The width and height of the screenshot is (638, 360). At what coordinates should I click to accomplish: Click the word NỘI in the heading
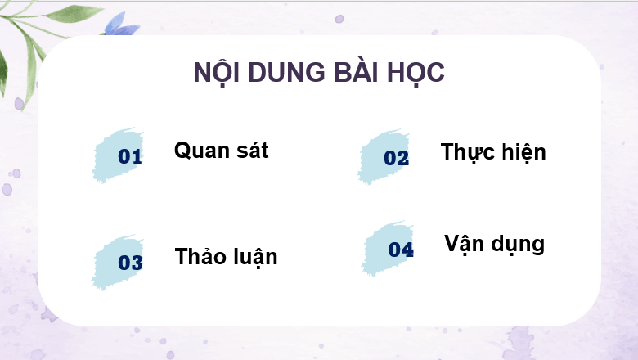point(216,72)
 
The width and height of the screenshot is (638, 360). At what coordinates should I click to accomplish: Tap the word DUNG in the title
point(283,72)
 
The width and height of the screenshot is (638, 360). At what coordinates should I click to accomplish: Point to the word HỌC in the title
point(416,72)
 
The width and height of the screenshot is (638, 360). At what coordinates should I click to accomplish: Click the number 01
point(130,156)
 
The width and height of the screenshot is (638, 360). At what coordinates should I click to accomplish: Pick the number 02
point(396,158)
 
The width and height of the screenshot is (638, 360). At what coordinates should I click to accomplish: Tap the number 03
point(131,263)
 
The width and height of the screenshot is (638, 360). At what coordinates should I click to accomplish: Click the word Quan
point(199,151)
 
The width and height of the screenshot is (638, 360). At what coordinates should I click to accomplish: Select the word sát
point(250,151)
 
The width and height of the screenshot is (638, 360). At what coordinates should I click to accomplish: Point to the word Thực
point(467,152)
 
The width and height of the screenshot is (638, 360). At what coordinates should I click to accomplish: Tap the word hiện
point(522,152)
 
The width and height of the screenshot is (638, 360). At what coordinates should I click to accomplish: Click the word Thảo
point(201,256)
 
